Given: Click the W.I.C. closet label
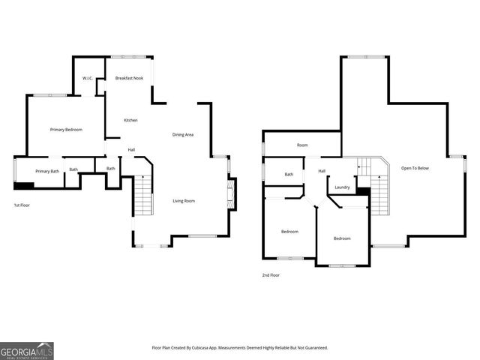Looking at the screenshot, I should pyautogui.click(x=87, y=78).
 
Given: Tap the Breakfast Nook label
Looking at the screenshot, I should pyautogui.click(x=128, y=78).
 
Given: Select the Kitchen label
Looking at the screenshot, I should pyautogui.click(x=130, y=120).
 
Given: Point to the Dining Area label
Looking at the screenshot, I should pyautogui.click(x=183, y=134).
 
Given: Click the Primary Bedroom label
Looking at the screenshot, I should pyautogui.click(x=66, y=130).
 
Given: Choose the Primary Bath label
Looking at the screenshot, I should pyautogui.click(x=47, y=171).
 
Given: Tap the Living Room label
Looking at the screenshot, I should pyautogui.click(x=184, y=200).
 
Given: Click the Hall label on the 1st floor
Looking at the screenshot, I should pyautogui.click(x=131, y=149).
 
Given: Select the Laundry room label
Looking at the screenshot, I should pyautogui.click(x=342, y=187).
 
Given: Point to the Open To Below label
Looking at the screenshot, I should pyautogui.click(x=415, y=168).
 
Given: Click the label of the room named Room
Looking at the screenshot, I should pyautogui.click(x=302, y=145).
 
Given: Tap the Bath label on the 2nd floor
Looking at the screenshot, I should pyautogui.click(x=289, y=174).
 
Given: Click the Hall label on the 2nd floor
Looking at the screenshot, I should pyautogui.click(x=322, y=171).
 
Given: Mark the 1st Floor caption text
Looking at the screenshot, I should pyautogui.click(x=22, y=205).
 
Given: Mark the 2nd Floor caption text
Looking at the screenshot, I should pyautogui.click(x=271, y=275).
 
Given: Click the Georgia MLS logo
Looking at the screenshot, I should pyautogui.click(x=27, y=350).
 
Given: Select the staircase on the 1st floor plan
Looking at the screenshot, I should pyautogui.click(x=142, y=195).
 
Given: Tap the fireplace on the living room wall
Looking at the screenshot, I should pyautogui.click(x=232, y=193).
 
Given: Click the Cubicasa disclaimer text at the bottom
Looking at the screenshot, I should pyautogui.click(x=239, y=348).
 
